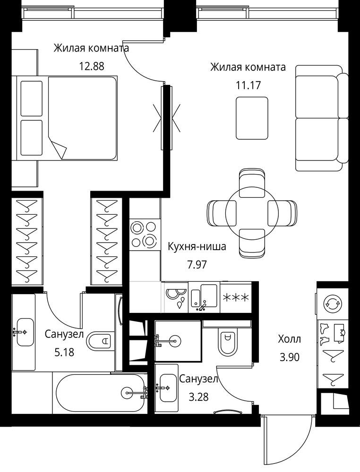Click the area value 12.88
(92, 66)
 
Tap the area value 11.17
(248, 85)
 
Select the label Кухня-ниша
(197, 246)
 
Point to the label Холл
(290, 339)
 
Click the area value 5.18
(64, 352)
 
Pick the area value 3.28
(198, 397)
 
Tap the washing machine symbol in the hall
(333, 303)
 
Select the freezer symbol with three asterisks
(236, 298)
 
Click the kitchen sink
(204, 297)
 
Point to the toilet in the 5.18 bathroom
(101, 341)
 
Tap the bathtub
(101, 393)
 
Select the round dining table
(252, 213)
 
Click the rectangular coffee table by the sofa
(252, 118)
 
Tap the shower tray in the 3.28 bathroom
(178, 341)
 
